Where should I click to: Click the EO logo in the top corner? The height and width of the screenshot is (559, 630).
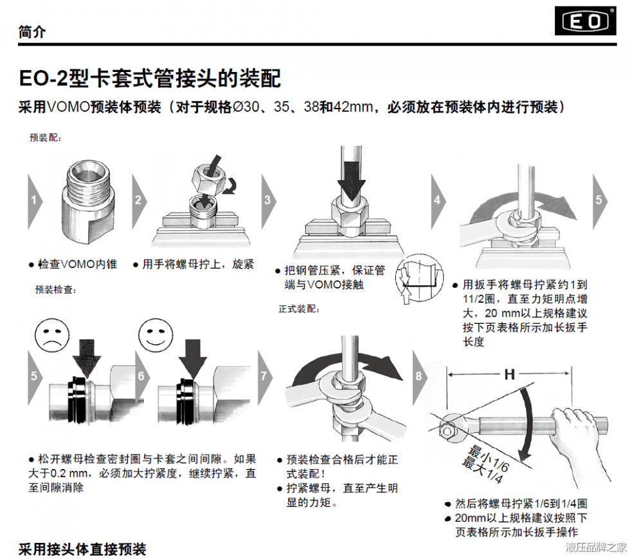(586, 21)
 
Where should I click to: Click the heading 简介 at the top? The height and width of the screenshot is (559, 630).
(32, 31)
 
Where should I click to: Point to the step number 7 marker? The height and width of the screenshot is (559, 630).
(265, 377)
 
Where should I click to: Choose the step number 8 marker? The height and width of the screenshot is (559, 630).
(420, 377)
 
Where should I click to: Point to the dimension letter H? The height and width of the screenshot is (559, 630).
(509, 375)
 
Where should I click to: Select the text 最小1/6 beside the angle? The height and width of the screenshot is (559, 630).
(489, 458)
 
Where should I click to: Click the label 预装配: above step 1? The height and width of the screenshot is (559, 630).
(46, 138)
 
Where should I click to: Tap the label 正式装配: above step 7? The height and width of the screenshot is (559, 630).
(300, 309)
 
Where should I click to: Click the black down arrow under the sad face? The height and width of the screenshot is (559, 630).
(87, 359)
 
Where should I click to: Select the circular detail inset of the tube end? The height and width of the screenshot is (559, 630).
(419, 278)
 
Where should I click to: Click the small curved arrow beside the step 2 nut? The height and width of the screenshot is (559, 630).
(230, 187)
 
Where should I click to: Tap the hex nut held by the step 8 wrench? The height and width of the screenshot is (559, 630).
(447, 431)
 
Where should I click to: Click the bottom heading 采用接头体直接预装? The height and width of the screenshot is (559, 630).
(82, 549)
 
